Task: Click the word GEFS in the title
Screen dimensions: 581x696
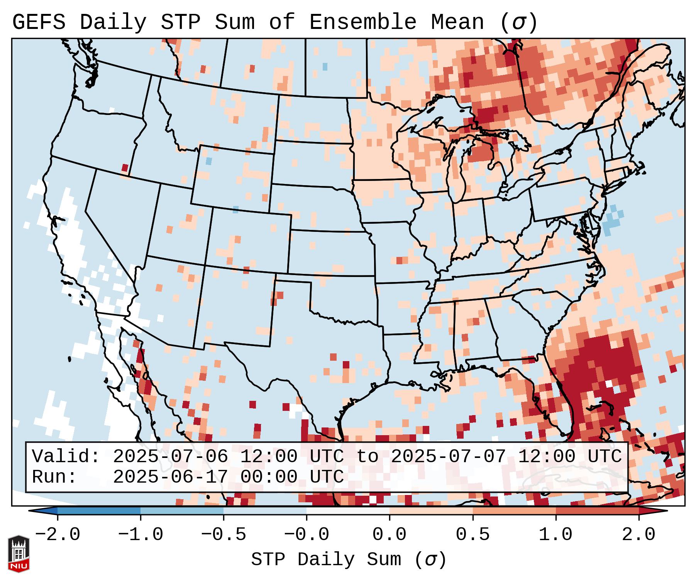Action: click(x=39, y=22)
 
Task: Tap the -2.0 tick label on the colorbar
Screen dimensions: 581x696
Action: click(x=58, y=535)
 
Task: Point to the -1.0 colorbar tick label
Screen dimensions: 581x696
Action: click(x=141, y=535)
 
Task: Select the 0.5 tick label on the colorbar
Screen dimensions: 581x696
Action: click(x=472, y=535)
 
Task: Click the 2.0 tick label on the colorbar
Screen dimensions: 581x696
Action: click(x=638, y=535)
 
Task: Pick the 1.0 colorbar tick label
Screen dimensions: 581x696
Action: click(x=555, y=535)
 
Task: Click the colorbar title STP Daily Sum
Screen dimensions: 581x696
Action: click(x=326, y=560)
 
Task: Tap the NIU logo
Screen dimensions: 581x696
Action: click(x=19, y=554)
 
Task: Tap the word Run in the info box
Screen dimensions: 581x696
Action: click(x=54, y=477)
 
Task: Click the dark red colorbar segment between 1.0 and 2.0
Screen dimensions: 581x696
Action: click(x=597, y=511)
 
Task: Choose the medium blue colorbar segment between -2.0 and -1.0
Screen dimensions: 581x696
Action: click(x=99, y=511)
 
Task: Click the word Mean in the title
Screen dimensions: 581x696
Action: click(x=457, y=22)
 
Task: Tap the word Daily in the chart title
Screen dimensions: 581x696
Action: click(x=113, y=22)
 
